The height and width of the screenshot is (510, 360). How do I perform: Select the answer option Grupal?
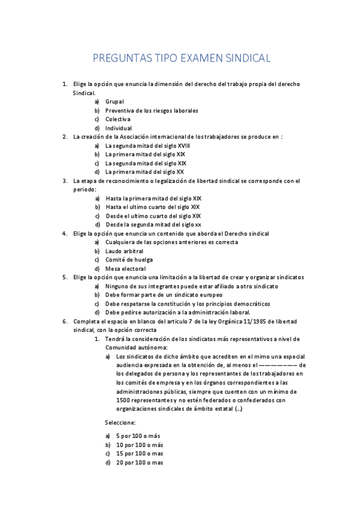click(114, 102)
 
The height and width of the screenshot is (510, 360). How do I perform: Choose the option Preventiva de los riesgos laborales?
click(151, 111)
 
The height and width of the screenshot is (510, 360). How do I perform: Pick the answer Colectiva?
click(118, 119)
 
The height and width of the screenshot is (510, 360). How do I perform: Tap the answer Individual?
click(118, 128)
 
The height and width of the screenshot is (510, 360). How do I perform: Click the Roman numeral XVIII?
click(183, 146)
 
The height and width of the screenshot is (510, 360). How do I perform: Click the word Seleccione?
click(120, 422)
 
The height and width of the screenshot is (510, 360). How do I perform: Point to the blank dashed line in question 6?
click(277, 364)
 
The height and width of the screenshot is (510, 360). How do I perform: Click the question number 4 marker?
click(65, 233)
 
